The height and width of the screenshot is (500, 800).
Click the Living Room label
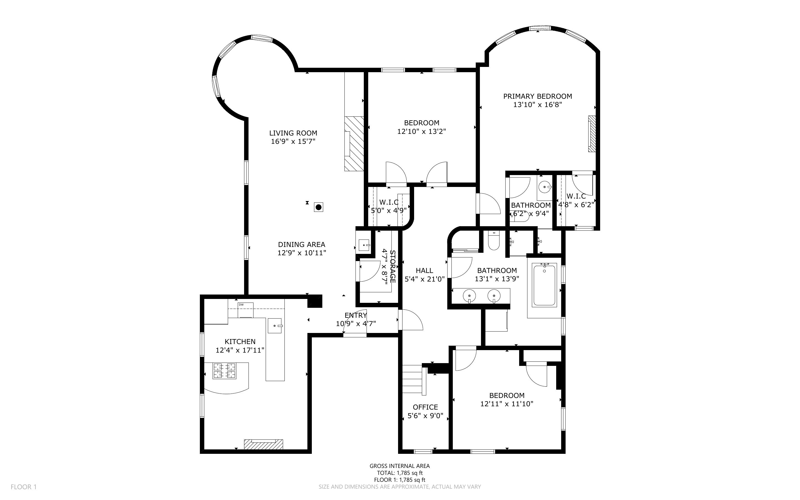[293, 133]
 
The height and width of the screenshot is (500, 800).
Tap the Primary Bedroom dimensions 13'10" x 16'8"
[538, 105]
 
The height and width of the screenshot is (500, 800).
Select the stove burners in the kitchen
[225, 371]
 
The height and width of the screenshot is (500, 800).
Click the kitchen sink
[275, 326]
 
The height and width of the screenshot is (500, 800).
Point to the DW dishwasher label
[241, 304]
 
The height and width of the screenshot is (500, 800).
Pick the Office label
[425, 407]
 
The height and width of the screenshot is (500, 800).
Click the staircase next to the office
[413, 380]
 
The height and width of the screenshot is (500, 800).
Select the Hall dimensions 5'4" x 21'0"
[425, 279]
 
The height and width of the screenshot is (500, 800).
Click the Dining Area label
[302, 244]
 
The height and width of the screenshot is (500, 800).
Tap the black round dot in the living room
[318, 207]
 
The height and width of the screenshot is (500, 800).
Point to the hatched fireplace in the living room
[354, 144]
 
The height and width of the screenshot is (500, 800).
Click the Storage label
[393, 267]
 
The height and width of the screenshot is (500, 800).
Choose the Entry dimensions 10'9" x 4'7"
[356, 323]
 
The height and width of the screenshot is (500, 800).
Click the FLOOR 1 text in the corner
[24, 487]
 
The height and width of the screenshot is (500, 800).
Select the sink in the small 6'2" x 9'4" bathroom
[544, 187]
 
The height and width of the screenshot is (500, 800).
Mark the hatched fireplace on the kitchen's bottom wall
[263, 444]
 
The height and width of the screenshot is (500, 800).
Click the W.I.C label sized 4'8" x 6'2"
[576, 196]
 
